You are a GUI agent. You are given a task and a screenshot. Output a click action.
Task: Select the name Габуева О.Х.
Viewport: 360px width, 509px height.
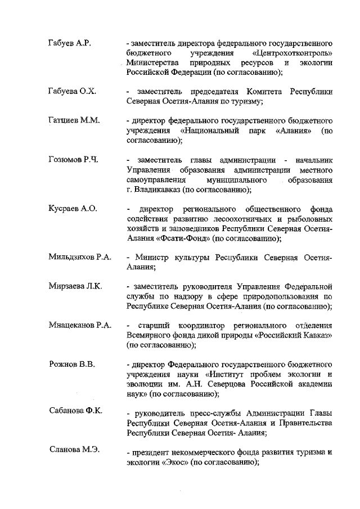pyautogui.click(x=72, y=91)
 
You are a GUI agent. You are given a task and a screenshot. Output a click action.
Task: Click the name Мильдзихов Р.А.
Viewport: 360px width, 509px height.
pyautogui.click(x=80, y=258)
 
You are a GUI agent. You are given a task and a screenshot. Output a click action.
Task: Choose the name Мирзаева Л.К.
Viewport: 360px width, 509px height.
pyautogui.click(x=75, y=287)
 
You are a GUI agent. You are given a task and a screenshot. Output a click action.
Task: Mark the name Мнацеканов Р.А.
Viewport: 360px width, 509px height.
pyautogui.click(x=80, y=326)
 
